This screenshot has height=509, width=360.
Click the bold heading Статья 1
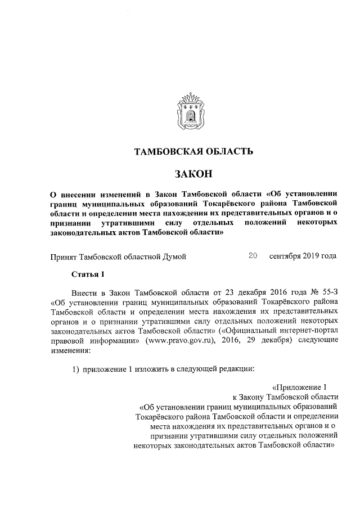point(88,274)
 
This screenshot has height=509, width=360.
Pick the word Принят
point(63,256)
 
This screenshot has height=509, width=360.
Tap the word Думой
point(173,256)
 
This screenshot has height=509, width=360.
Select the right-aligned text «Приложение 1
point(299,387)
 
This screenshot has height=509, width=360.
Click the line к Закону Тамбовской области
point(285,397)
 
